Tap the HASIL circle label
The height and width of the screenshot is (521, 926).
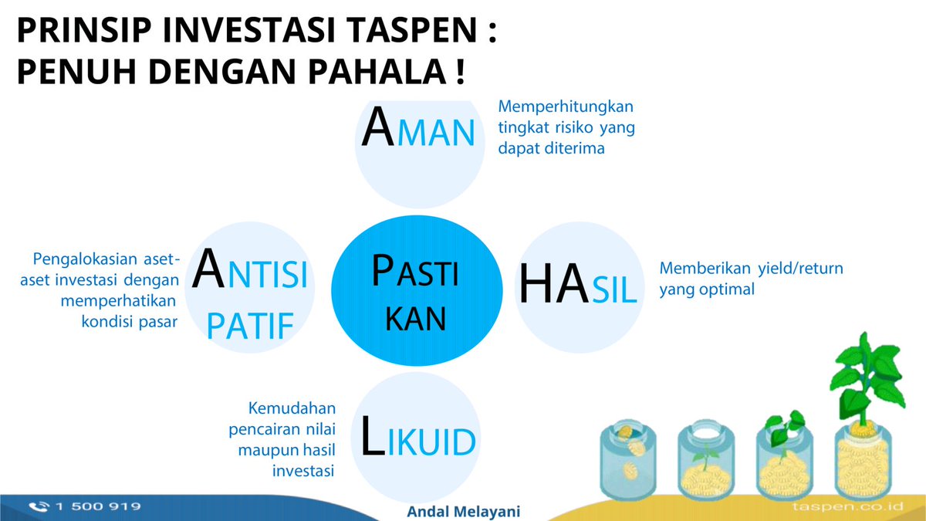point(577,285)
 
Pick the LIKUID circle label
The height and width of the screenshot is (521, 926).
point(417,437)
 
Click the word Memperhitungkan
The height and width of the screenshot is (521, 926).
point(566,107)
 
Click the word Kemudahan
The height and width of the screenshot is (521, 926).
point(291,408)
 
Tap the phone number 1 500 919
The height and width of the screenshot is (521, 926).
point(97,506)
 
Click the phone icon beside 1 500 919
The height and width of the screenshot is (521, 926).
point(38,506)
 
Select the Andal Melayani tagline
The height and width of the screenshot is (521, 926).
point(463,511)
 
